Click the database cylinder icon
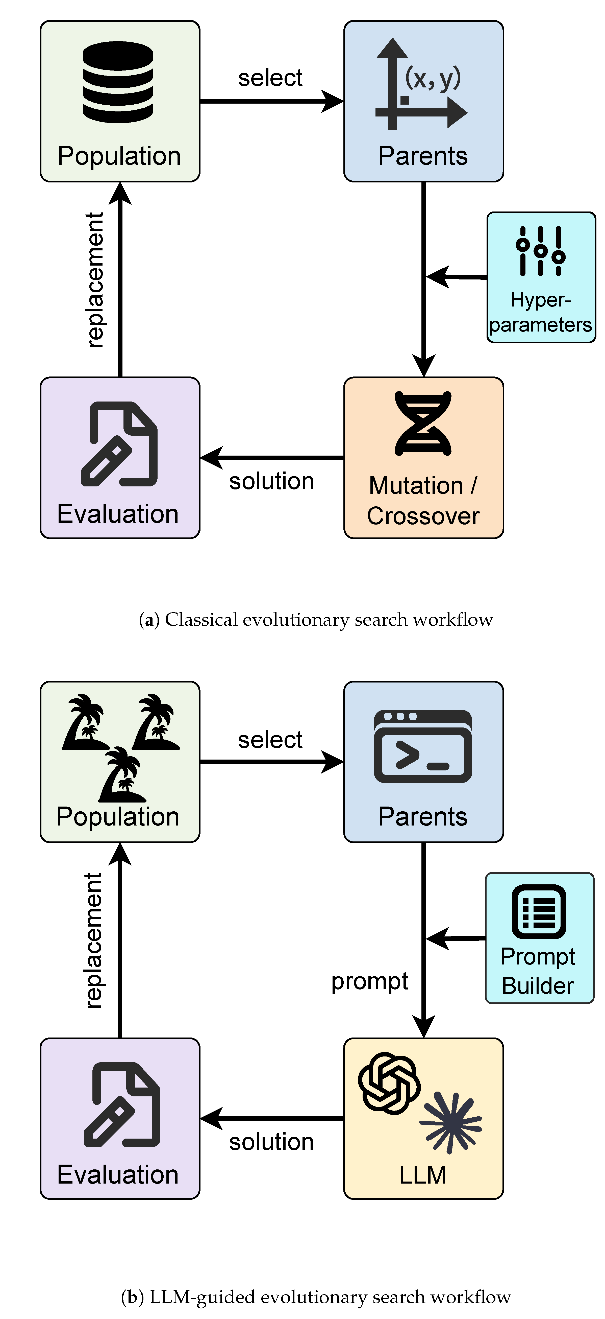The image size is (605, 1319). (118, 82)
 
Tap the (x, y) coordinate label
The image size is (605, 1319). (433, 78)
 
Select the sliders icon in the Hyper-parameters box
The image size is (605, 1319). (541, 251)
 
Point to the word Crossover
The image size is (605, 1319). (423, 516)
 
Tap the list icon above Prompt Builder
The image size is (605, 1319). (539, 911)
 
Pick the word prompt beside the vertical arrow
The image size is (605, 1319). (370, 982)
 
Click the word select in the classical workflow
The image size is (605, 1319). (270, 78)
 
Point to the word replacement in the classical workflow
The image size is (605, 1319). (95, 280)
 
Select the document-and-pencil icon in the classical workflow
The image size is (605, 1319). (119, 444)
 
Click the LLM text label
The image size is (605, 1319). (423, 1175)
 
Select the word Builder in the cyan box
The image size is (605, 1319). (538, 986)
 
